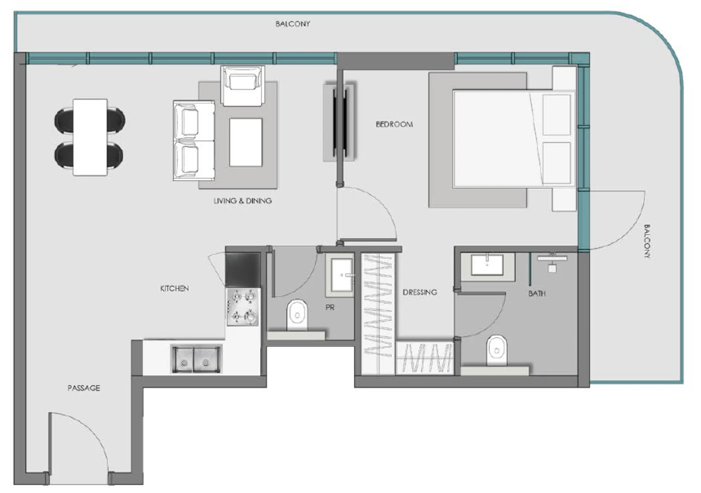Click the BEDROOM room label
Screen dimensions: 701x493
pyautogui.click(x=394, y=124)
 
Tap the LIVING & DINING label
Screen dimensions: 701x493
pyautogui.click(x=242, y=201)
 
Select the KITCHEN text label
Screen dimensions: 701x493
pyautogui.click(x=174, y=288)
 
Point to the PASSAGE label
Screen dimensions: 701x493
pyautogui.click(x=84, y=388)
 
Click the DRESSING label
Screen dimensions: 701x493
pyautogui.click(x=420, y=292)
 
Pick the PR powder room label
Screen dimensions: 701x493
pyautogui.click(x=330, y=307)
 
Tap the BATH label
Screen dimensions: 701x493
pyautogui.click(x=537, y=294)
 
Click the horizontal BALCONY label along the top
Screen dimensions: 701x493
pyautogui.click(x=293, y=24)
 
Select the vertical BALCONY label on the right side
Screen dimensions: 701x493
pyautogui.click(x=647, y=241)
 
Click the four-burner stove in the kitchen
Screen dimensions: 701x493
pyautogui.click(x=243, y=307)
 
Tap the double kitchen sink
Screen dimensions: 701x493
pyautogui.click(x=196, y=359)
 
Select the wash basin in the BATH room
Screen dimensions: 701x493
pyautogui.click(x=487, y=265)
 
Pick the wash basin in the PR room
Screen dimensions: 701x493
pyautogui.click(x=341, y=275)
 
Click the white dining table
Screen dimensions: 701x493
pyautogui.click(x=90, y=137)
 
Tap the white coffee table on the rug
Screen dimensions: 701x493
pyautogui.click(x=246, y=142)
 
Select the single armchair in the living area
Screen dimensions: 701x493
pyautogui.click(x=243, y=85)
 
